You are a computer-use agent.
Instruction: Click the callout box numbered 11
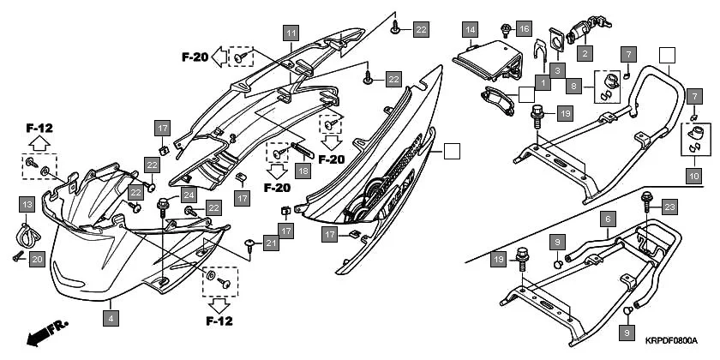point(291,33)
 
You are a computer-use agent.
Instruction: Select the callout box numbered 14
point(470,30)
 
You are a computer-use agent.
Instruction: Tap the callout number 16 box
point(524,29)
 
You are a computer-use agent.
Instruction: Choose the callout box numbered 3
point(557,69)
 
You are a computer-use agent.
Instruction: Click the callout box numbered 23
point(669,207)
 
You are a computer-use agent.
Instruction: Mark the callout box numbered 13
point(27,205)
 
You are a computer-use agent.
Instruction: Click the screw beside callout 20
point(19,255)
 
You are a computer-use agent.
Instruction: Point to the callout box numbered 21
point(271,243)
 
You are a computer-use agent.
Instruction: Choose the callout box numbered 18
point(303,171)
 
